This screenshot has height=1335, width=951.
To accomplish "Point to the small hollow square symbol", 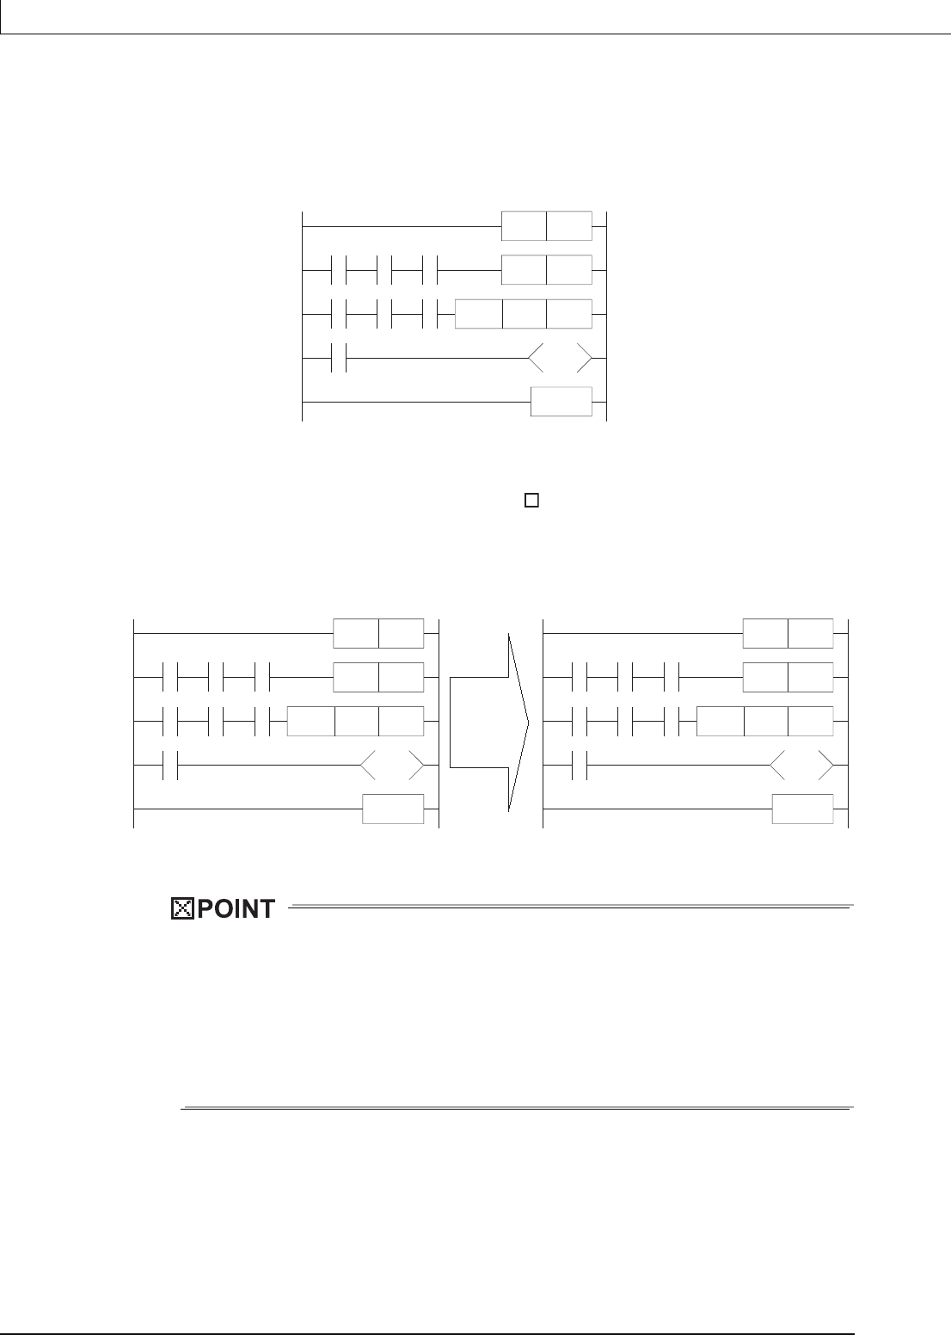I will click(531, 499).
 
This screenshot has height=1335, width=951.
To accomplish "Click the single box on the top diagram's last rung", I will click(561, 402).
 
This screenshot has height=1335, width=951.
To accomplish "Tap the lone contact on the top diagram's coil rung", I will click(338, 358).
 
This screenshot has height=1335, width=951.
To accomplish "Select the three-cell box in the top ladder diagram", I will click(523, 314).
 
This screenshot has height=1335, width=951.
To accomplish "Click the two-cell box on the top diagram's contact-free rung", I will click(547, 225).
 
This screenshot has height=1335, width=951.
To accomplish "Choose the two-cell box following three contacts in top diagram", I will click(547, 270).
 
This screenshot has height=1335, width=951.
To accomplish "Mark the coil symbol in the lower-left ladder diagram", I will click(393, 766).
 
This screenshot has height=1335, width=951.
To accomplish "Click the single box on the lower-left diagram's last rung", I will click(393, 809).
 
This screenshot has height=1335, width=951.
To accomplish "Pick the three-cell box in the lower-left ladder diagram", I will click(354, 722).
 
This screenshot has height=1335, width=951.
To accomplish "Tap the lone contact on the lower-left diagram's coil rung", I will click(169, 766).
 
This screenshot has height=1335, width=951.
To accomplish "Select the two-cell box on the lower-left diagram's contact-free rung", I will click(378, 633).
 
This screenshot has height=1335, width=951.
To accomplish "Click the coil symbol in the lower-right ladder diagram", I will click(802, 766).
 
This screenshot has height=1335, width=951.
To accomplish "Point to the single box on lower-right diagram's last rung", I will click(802, 809).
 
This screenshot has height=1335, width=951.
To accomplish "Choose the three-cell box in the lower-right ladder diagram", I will click(764, 722).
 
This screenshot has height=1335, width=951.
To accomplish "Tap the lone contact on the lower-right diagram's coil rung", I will click(579, 766).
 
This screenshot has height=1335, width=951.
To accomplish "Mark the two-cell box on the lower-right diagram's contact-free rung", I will click(788, 633).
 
